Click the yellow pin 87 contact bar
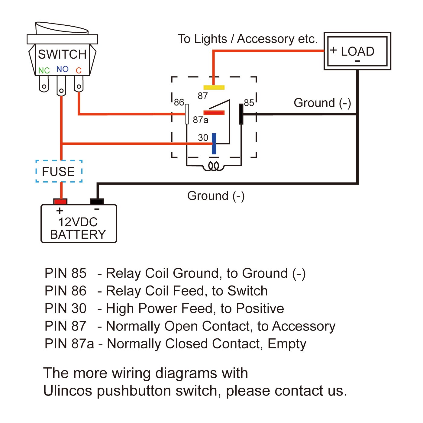(x=214, y=88)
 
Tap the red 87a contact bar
(x=214, y=113)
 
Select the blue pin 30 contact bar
(x=214, y=144)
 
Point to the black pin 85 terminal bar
(x=241, y=114)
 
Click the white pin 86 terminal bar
(x=187, y=114)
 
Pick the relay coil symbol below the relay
(x=214, y=166)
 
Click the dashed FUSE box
(x=59, y=171)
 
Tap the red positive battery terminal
(x=60, y=202)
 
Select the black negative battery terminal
(x=97, y=202)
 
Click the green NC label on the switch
(x=44, y=71)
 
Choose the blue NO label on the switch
(x=62, y=69)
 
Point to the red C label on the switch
(x=79, y=71)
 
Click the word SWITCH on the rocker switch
(x=62, y=54)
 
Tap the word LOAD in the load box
(x=357, y=51)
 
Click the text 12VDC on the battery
(x=78, y=222)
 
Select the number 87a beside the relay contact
(x=201, y=120)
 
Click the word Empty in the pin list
(x=287, y=344)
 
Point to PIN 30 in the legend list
(x=66, y=308)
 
